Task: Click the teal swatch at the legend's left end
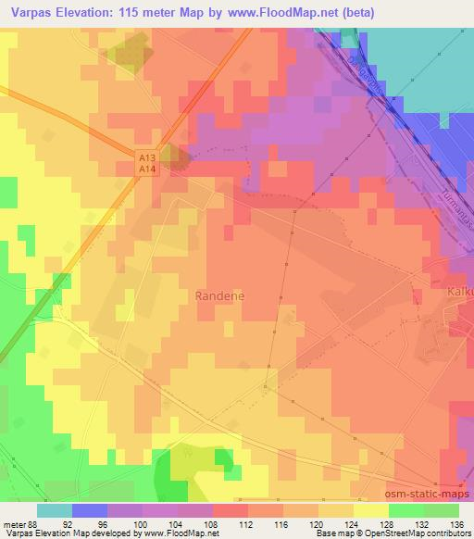tap(55, 509)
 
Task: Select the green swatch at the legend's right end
tap(442, 509)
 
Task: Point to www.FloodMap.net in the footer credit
tap(183, 533)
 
